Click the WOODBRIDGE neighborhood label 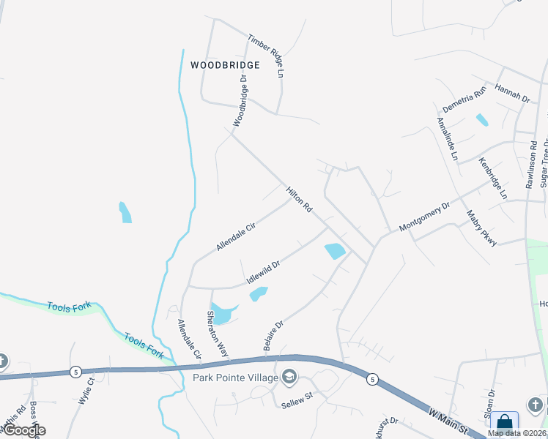pos(225,65)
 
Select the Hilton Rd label pos(300,200)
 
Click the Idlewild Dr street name pos(264,272)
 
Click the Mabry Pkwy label pos(482,228)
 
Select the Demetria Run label pos(464,99)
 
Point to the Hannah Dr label pos(512,93)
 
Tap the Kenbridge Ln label pos(493,179)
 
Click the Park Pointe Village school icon pos(289,377)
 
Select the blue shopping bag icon pos(505,422)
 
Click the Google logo pos(23,430)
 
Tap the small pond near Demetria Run pos(481,119)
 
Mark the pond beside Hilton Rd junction pos(334,251)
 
